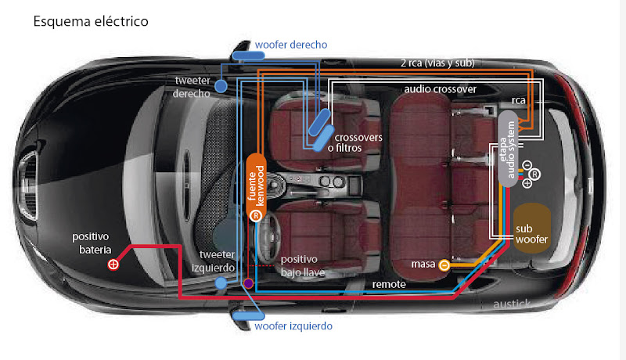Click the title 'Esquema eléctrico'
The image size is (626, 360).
[x=91, y=20]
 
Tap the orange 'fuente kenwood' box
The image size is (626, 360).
[x=255, y=188]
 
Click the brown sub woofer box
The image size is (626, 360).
[x=531, y=228]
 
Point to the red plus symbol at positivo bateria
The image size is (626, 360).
[x=113, y=265]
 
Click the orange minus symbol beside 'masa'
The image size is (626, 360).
[x=444, y=265]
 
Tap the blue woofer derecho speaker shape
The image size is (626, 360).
[x=250, y=56]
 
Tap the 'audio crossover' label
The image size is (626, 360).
[x=440, y=89]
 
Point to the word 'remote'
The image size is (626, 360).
[x=389, y=284]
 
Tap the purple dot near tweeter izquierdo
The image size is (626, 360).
[x=248, y=283]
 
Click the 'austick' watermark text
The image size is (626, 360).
[x=512, y=304]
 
